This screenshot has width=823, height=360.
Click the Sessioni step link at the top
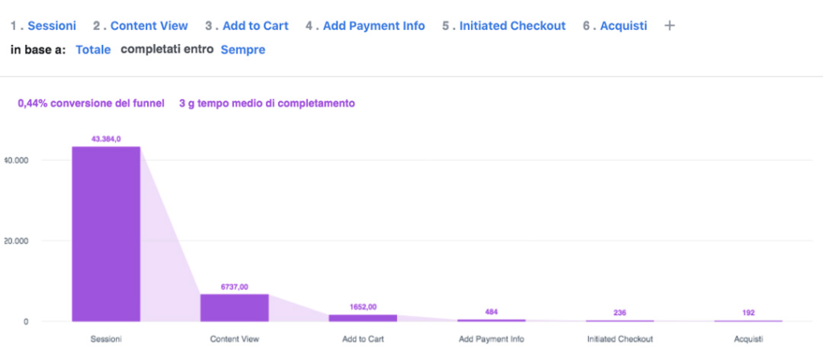coord(51,26)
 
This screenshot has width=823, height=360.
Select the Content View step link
coord(149,26)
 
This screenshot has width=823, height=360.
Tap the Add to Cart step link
coord(255,26)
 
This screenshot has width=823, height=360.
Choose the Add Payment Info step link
coord(374,26)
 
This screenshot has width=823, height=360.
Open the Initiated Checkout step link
coord(512,26)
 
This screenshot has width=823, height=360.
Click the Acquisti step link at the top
coord(623,26)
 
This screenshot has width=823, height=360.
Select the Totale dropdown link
coord(93,50)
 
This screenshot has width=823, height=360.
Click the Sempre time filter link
coord(243,50)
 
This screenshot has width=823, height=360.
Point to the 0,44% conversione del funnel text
coord(91,103)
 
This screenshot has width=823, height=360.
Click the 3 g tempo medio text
coord(267,103)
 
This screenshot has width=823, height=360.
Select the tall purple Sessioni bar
coord(106,234)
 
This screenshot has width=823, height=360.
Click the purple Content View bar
coord(235,308)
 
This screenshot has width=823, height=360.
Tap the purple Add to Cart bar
coord(363,317)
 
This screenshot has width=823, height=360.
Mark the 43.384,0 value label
coord(106,139)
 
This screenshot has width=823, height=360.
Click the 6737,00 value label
coord(235,286)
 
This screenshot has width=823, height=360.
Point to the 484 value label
coord(491,312)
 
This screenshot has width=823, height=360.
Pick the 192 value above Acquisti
coord(748,313)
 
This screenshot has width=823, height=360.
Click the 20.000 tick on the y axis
coord(16,241)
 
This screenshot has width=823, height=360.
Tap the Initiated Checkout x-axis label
coord(620,339)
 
